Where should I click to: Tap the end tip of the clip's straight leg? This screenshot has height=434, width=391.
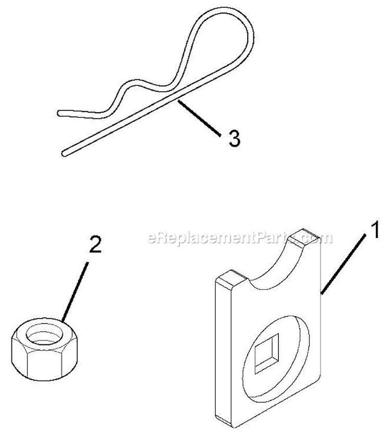(x=65, y=153)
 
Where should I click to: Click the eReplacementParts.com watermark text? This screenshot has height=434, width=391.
(x=240, y=239)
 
